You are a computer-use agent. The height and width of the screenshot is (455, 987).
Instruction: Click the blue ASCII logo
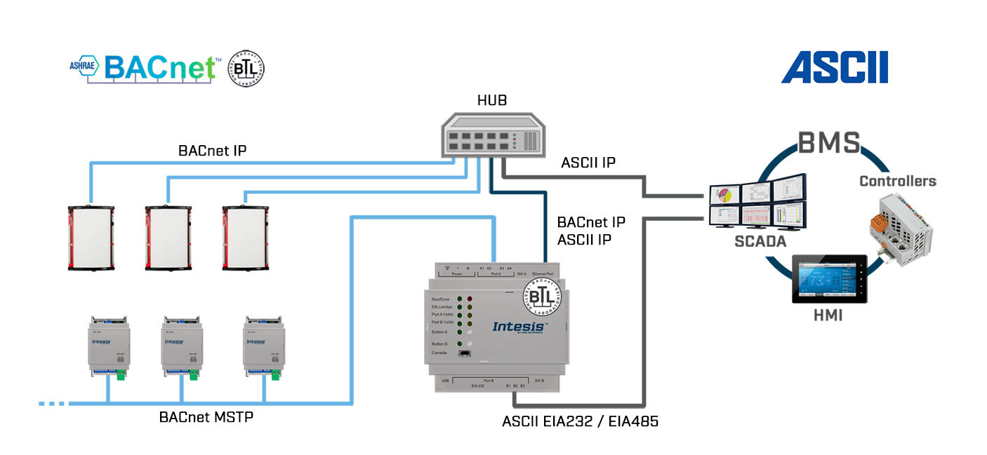(x=835, y=68)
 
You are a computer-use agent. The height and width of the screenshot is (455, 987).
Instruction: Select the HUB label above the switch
(x=492, y=101)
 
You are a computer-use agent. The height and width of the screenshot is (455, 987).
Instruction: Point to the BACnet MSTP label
(x=206, y=417)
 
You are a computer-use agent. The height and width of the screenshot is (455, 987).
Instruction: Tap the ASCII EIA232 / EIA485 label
(x=580, y=422)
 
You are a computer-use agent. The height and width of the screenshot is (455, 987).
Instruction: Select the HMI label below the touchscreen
(x=828, y=316)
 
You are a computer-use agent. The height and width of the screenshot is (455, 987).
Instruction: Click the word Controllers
(x=898, y=181)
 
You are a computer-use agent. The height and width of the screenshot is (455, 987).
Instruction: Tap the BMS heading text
(x=828, y=143)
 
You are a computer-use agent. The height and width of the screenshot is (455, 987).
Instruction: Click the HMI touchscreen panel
(x=829, y=278)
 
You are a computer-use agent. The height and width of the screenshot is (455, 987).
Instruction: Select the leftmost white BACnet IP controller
(x=91, y=238)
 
